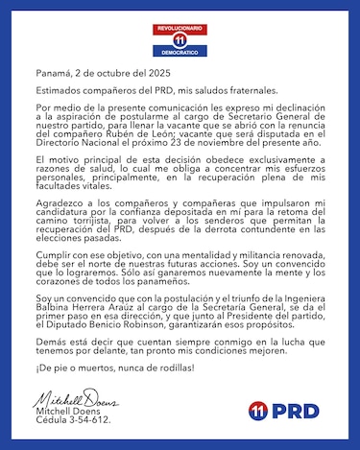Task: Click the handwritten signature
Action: point(72,399)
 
